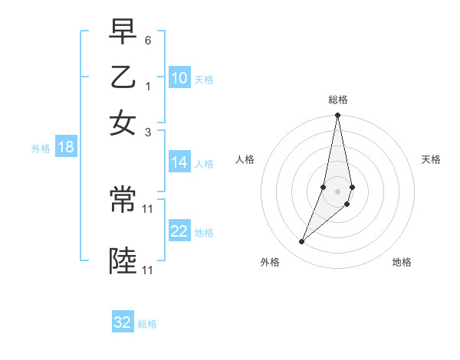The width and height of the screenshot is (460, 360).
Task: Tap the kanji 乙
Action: (x=123, y=77)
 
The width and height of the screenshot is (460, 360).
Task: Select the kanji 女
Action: (x=123, y=123)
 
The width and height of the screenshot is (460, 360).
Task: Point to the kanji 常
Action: (x=123, y=201)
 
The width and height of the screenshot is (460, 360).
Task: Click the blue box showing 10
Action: (x=179, y=78)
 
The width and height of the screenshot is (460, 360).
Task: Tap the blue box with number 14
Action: (x=179, y=162)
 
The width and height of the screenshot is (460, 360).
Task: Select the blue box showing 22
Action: (x=179, y=231)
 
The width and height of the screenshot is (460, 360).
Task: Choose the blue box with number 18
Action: (x=66, y=148)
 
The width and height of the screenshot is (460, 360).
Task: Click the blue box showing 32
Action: (x=123, y=322)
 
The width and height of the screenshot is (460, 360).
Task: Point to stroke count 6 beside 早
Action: (x=148, y=39)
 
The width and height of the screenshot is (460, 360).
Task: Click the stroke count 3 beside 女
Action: (x=148, y=132)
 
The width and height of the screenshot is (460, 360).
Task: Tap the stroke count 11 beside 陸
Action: (x=148, y=270)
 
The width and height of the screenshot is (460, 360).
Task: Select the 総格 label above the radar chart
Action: (x=338, y=100)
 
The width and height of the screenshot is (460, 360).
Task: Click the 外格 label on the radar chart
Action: (x=270, y=262)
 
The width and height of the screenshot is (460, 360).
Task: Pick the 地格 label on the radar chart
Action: (x=402, y=262)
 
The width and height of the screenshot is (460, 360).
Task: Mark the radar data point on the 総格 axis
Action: (x=337, y=116)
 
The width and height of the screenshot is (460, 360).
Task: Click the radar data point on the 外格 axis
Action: (x=301, y=242)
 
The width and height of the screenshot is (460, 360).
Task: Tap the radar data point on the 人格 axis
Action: (x=324, y=187)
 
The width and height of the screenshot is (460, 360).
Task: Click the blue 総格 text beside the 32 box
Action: (x=147, y=324)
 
